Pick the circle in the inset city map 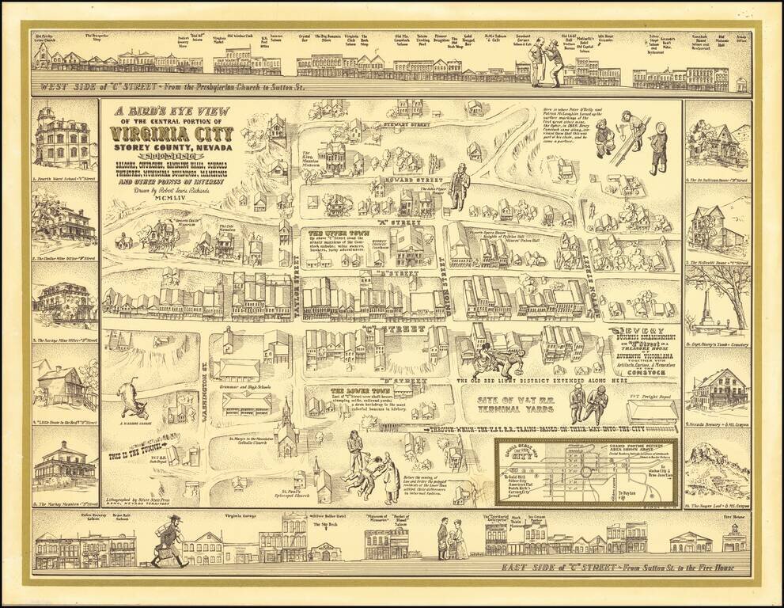tap(586, 472)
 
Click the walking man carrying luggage tap(169, 541)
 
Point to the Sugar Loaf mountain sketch tap(717, 472)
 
